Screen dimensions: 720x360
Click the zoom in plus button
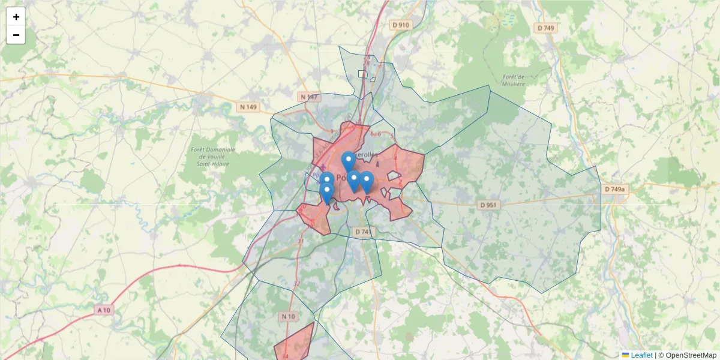[16, 17]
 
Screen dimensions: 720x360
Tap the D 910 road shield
[400, 25]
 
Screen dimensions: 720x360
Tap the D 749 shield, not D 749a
[546, 28]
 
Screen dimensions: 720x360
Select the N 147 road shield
[309, 97]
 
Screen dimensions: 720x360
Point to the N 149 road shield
[248, 107]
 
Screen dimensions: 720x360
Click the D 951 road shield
[489, 205]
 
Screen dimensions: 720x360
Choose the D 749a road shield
[614, 189]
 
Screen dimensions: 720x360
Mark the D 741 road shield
[362, 231]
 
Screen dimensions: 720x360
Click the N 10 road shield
[288, 316]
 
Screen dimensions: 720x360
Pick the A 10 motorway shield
[104, 310]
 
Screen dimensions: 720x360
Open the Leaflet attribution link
[641, 355]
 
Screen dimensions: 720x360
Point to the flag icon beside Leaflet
[625, 355]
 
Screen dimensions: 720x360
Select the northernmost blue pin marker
[348, 161]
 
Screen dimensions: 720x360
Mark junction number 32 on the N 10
[296, 283]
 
